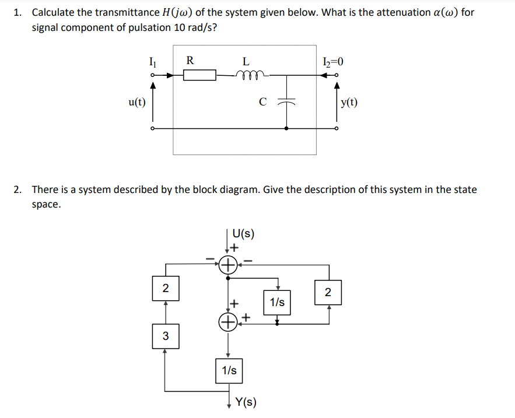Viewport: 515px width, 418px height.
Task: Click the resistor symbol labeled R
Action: pos(199,75)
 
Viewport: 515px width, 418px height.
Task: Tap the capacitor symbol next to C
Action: pos(286,101)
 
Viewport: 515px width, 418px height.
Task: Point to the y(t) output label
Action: pos(350,103)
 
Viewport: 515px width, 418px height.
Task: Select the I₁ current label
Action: pos(153,59)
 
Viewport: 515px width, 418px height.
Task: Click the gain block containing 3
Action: pos(165,336)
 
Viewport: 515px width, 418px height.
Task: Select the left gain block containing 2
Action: pos(165,288)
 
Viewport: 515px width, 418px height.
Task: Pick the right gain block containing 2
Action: pos(328,292)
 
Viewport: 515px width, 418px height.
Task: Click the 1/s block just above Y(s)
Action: pos(229,370)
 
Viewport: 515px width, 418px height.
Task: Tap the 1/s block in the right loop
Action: pos(277,302)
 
